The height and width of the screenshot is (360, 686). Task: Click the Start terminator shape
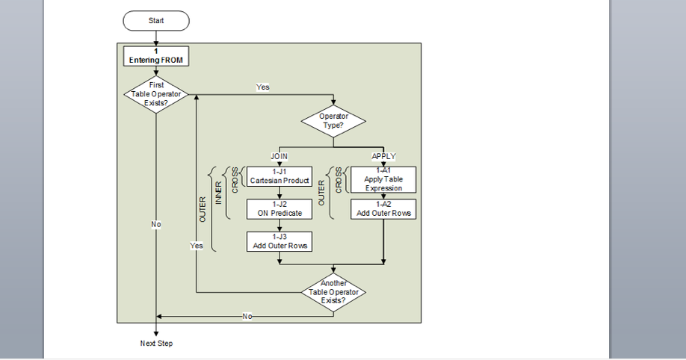tap(156, 21)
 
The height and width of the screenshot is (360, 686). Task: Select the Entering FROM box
tap(155, 56)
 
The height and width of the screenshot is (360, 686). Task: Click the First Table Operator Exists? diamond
tap(156, 94)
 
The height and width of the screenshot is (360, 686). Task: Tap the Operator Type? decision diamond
tap(333, 121)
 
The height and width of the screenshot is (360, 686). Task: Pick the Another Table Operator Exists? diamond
tap(333, 291)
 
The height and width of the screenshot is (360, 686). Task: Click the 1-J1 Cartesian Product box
tap(279, 176)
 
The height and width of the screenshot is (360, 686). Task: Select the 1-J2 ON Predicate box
tap(279, 208)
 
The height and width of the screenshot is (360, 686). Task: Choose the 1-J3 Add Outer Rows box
tap(279, 241)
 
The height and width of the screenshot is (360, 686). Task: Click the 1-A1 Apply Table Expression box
tap(383, 179)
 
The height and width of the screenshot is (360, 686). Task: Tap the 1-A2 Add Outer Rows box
tap(383, 208)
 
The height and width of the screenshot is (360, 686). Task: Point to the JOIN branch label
tap(279, 156)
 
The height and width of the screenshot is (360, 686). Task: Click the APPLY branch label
tap(383, 156)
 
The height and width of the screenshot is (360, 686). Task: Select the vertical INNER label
tap(219, 193)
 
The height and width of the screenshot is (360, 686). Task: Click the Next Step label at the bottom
tap(156, 344)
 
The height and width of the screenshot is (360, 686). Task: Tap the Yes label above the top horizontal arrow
tap(262, 87)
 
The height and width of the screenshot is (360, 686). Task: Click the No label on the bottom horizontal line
tap(247, 317)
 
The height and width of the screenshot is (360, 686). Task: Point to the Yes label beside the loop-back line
tap(197, 246)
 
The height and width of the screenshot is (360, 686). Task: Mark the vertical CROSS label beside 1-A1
tap(339, 180)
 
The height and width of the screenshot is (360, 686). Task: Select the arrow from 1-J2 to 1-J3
tap(279, 225)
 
